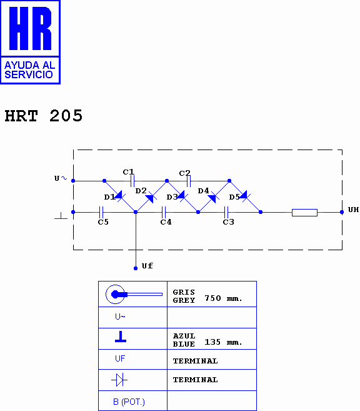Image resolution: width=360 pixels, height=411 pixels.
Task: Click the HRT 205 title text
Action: pyautogui.click(x=44, y=116)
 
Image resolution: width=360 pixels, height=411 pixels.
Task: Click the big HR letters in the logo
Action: pyautogui.click(x=30, y=28)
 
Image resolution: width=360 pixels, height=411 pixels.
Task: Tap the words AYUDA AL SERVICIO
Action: pyautogui.click(x=29, y=69)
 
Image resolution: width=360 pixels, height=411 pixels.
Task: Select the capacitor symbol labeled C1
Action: pyautogui.click(x=132, y=181)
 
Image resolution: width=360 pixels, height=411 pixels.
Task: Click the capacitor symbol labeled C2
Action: pyautogui.click(x=189, y=181)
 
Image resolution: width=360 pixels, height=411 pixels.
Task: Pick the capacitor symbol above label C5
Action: pyautogui.click(x=101, y=212)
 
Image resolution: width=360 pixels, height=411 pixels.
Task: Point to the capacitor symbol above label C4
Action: pyautogui.click(x=164, y=212)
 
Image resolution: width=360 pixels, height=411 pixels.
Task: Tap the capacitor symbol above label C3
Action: pyautogui.click(x=226, y=212)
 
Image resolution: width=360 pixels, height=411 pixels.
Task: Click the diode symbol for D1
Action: pyautogui.click(x=119, y=196)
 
